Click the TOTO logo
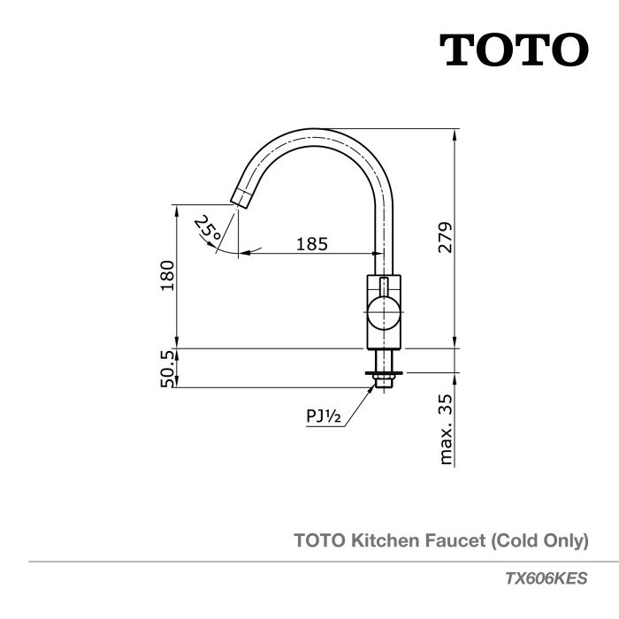[x=514, y=51]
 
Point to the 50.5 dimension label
[x=167, y=367]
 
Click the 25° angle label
[x=209, y=230]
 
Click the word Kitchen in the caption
[x=382, y=539]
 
